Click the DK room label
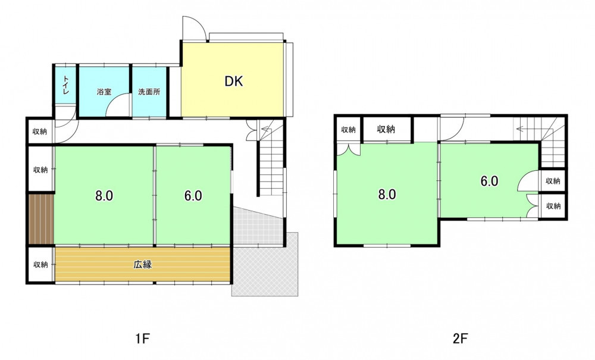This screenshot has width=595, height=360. click(233, 81)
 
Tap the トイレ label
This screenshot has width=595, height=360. click(66, 85)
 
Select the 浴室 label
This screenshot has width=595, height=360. click(104, 92)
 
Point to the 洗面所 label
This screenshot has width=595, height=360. click(149, 92)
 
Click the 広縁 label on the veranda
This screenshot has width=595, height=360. click(143, 264)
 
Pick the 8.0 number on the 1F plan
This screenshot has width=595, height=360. click(104, 196)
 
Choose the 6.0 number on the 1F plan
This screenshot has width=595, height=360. click(193, 196)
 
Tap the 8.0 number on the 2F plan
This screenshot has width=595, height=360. click(387, 195)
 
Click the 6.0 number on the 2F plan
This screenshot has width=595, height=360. click(490, 181)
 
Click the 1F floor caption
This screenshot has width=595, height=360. click(143, 338)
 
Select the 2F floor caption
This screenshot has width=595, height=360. click(460, 338)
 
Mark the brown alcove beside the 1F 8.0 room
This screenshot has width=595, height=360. click(41, 219)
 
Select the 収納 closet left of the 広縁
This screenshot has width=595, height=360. click(40, 264)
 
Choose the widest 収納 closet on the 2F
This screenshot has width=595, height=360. click(386, 129)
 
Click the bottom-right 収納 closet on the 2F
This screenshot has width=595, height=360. click(553, 206)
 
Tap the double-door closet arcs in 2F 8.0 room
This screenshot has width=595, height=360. click(348, 149)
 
